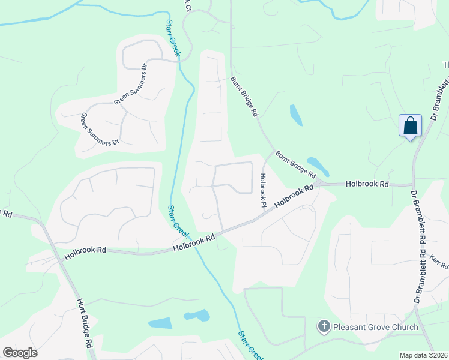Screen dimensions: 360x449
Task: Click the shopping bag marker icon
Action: click(x=410, y=126)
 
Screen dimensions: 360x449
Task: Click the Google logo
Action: click(x=20, y=353)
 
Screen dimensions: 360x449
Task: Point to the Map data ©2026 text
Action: click(x=423, y=355)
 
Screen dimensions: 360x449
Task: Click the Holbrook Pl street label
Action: click(x=263, y=191)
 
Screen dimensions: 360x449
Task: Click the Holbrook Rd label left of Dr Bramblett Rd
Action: click(x=367, y=184)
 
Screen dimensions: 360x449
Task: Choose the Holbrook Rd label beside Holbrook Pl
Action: click(x=295, y=197)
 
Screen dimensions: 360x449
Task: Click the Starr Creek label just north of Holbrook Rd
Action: click(x=178, y=220)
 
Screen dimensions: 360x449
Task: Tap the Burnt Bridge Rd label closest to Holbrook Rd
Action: click(x=295, y=164)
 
